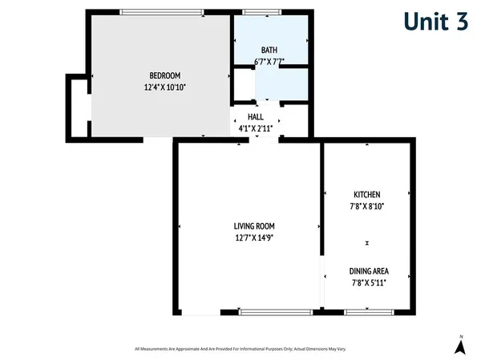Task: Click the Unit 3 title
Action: (x=435, y=22)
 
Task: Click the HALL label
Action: (x=256, y=116)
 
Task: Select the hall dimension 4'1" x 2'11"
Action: (x=256, y=128)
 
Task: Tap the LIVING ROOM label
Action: (x=255, y=225)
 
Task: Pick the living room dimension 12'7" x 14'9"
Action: (x=255, y=237)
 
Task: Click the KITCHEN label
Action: (x=367, y=195)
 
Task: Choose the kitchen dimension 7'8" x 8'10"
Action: (x=367, y=206)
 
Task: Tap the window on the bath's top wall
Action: (x=257, y=11)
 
